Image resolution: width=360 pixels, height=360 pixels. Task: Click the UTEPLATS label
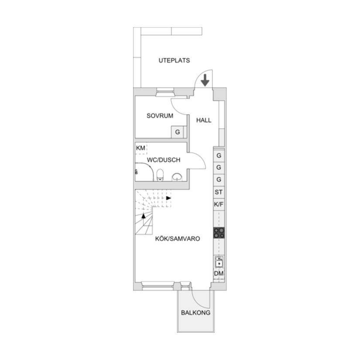click(x=174, y=61)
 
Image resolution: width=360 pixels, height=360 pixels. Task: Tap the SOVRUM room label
click(x=160, y=116)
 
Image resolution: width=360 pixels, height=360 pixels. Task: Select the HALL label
click(x=204, y=120)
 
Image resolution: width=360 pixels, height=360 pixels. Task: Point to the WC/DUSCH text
click(x=164, y=160)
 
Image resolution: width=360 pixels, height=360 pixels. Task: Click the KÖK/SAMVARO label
click(x=178, y=239)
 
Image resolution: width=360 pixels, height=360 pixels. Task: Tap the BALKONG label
click(x=195, y=313)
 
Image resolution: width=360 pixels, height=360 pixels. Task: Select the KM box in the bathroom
click(x=141, y=148)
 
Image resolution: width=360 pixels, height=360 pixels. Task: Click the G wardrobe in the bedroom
click(x=178, y=132)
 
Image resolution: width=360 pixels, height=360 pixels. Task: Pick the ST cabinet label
click(x=219, y=192)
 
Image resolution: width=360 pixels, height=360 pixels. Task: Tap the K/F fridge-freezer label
click(x=219, y=204)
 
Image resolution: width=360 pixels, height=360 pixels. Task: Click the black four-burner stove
click(x=219, y=233)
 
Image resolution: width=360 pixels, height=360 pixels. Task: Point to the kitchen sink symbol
click(x=219, y=262)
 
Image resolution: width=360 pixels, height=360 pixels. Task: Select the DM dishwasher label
click(x=219, y=274)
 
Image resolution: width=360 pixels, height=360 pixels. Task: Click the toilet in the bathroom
click(x=160, y=175)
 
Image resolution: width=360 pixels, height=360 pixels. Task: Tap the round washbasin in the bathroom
click(x=177, y=177)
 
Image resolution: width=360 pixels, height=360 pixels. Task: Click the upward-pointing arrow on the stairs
click(x=144, y=216)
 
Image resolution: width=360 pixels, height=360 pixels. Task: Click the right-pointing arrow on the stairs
click(x=169, y=198)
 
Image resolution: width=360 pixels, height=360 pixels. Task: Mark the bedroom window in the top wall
click(x=165, y=92)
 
